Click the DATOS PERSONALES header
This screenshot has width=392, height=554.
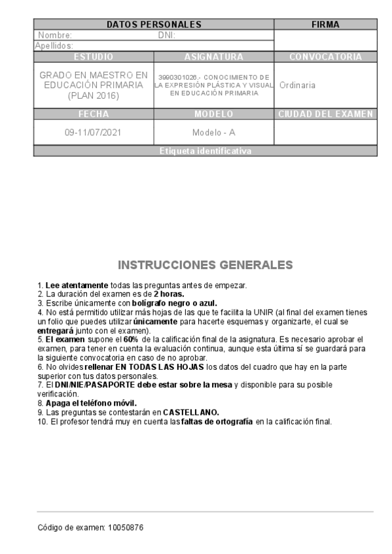coord(154,25)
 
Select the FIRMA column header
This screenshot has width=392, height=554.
coord(325,25)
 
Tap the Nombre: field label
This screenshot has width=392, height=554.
coord(55,35)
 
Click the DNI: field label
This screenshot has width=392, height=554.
coord(167,35)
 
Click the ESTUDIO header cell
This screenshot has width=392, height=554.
coord(94,57)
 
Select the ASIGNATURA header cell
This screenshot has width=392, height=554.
coord(213,57)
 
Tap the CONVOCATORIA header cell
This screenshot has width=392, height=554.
coord(325,57)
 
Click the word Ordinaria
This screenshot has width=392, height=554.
coord(297,85)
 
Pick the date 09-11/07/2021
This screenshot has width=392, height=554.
coord(94,132)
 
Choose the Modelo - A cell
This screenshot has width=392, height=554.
coord(213,132)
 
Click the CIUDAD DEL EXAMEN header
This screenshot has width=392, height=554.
coord(325,114)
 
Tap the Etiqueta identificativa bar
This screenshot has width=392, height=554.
coord(205,151)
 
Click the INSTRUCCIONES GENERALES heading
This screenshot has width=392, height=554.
coord(205,265)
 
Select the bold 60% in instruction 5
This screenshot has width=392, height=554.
coord(130,340)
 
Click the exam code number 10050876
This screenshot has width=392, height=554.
coord(125,527)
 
